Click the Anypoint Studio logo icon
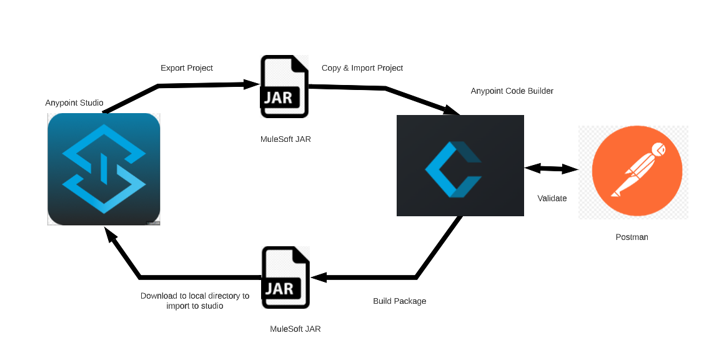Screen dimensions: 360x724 (104, 169)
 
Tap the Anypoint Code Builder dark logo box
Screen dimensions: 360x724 (460, 166)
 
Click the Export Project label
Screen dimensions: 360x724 (187, 67)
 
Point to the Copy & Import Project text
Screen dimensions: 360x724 (362, 67)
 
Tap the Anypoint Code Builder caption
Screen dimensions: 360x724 (512, 91)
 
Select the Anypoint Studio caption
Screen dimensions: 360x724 (74, 102)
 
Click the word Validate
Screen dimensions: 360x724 (552, 198)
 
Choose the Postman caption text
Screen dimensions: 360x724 (632, 237)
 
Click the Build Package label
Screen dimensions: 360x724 (400, 301)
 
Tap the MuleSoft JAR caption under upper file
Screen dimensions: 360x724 (285, 139)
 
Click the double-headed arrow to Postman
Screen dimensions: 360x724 (552, 168)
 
